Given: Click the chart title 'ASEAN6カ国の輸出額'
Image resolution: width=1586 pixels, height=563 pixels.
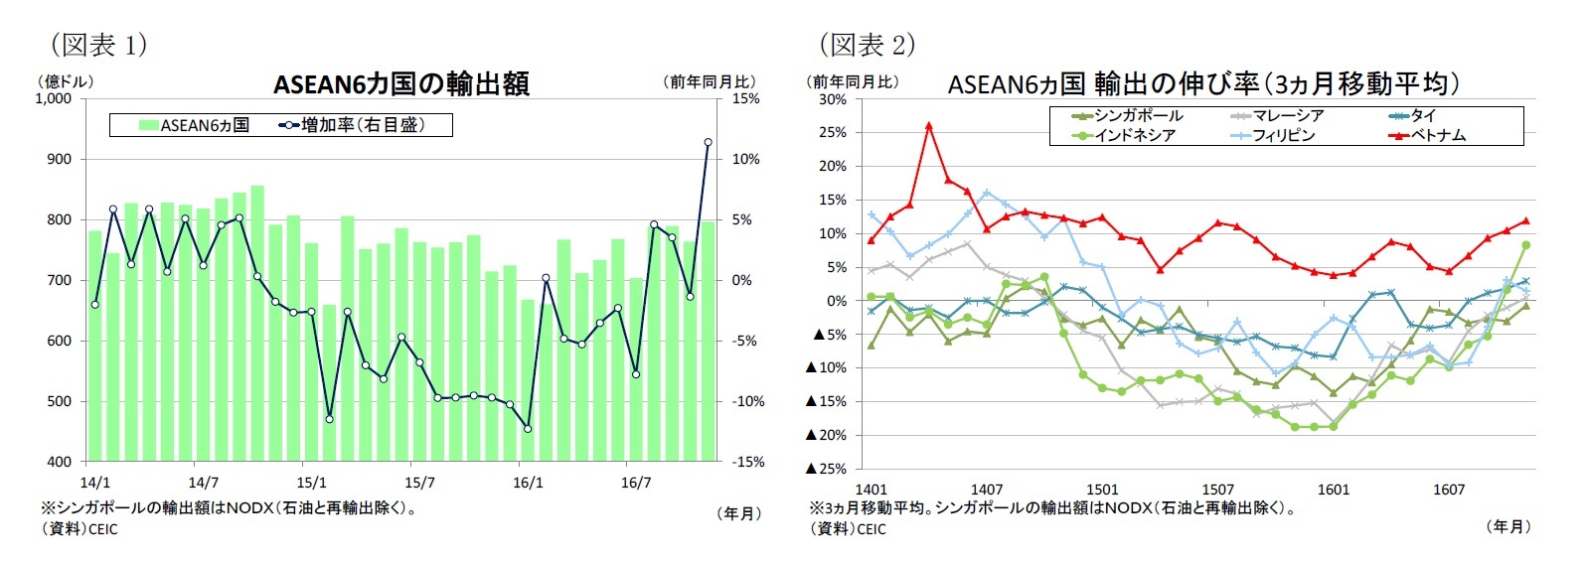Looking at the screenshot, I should click(400, 83).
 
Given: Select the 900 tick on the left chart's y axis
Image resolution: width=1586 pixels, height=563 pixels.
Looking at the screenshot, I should click(58, 159).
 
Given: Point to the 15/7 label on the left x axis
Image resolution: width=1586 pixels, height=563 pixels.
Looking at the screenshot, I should click(419, 484).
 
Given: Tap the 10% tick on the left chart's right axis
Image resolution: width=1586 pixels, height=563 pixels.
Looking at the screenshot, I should click(745, 159).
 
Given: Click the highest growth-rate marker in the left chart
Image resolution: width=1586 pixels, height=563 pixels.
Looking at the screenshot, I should click(708, 142).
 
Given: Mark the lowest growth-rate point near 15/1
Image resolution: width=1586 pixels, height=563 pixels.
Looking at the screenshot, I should click(329, 419).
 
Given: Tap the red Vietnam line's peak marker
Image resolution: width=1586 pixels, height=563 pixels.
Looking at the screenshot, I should click(928, 126).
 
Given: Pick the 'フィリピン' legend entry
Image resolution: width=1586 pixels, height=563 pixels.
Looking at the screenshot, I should click(1282, 135).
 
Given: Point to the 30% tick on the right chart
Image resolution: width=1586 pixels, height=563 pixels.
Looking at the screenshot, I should click(832, 99).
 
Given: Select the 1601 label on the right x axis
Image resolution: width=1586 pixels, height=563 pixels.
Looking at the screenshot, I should click(1333, 490).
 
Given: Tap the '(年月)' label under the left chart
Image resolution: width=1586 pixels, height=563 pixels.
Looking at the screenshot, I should click(738, 513).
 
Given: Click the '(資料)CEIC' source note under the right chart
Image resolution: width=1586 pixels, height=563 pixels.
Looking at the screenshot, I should click(848, 529).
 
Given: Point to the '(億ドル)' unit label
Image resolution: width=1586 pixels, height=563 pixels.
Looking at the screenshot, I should click(65, 81).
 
